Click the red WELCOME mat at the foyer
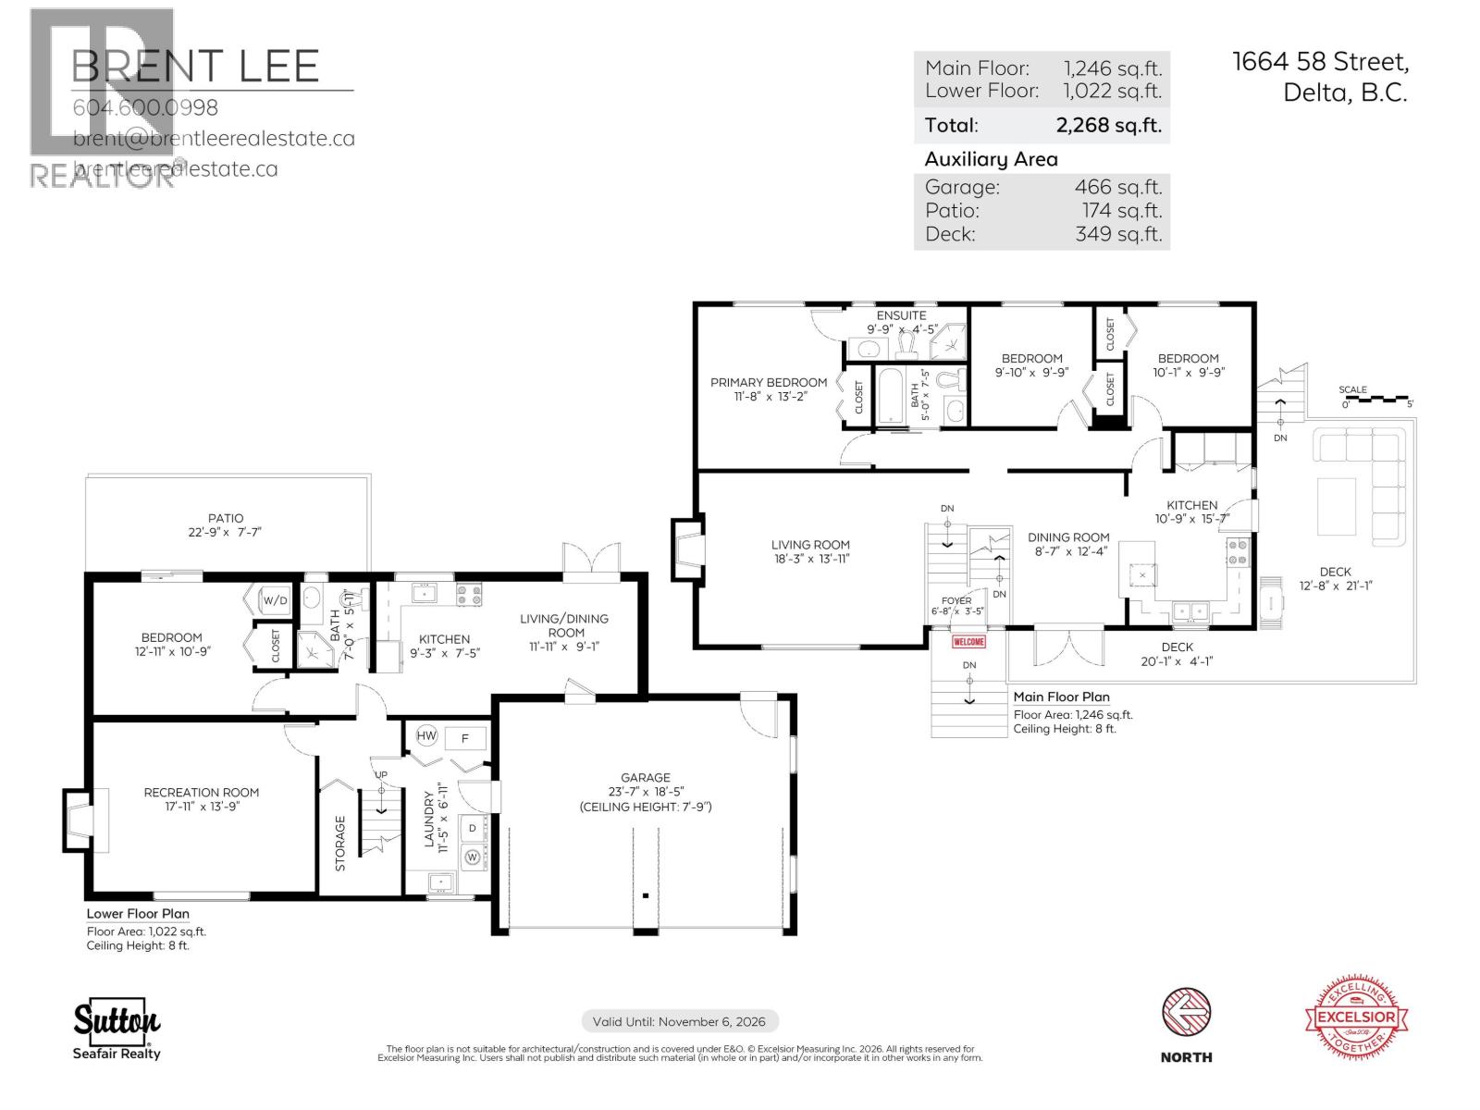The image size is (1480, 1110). pos(968,641)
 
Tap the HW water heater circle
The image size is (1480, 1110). pos(426,736)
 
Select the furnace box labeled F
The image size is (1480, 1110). pos(465,738)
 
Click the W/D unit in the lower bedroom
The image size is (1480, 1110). pos(275,600)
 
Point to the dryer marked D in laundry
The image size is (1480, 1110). pos(472,827)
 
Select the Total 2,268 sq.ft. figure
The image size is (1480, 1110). pos(1108,125)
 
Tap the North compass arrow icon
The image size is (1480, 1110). pos(1186,1015)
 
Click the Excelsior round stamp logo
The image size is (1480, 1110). pos(1357,1017)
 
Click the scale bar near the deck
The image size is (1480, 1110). pos(1376,401)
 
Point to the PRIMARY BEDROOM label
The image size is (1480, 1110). pos(768,382)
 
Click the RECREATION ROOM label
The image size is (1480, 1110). pos(201,792)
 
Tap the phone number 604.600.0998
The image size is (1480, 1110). pos(145,107)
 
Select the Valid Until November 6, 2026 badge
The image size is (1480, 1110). pos(680,1021)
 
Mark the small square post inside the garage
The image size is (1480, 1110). pos(646,895)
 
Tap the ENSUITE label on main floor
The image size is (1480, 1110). pos(901,315)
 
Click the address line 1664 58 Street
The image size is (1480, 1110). pos(1320,62)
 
